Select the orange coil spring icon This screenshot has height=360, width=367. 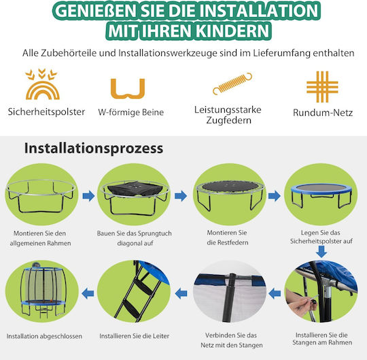coord(232,84)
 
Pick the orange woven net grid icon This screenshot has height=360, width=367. coord(322,86)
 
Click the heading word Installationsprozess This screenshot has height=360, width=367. coord(94,148)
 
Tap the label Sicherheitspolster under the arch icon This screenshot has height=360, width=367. coord(46,112)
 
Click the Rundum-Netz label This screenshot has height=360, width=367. coord(323,113)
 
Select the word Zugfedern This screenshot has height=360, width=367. coord(228,120)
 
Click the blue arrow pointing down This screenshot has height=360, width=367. coord(321,252)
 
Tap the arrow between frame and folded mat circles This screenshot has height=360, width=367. coord(89,196)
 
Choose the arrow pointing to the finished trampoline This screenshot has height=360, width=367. coord(88,293)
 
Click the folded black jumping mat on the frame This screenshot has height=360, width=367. coord(134,189)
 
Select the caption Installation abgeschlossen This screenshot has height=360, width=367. coord(44,336)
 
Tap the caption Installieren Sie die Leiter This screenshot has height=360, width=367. coord(134,336)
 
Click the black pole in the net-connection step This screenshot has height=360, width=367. coord(229,297)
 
